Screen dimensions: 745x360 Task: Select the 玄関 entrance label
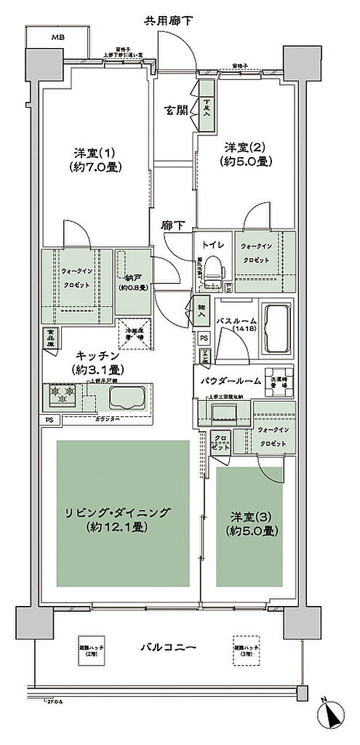click(x=175, y=111)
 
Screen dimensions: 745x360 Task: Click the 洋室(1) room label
click(x=97, y=159)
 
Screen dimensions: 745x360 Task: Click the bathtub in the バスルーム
click(x=276, y=320)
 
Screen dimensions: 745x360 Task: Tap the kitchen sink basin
click(x=129, y=397)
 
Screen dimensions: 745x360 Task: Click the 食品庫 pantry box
click(x=51, y=339)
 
